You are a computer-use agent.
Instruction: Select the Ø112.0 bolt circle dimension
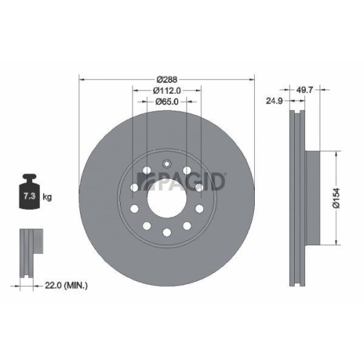tap(167, 90)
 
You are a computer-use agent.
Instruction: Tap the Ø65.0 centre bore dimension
tap(167, 102)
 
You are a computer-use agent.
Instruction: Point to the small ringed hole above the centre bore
tap(167, 163)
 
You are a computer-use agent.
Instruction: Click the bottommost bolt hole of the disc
tap(167, 232)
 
